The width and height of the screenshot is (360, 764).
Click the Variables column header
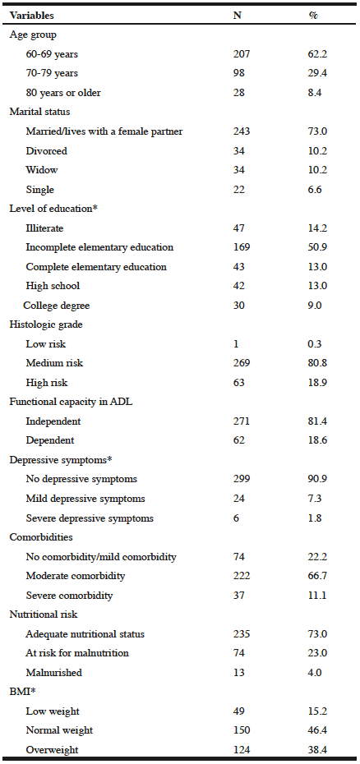click(31, 15)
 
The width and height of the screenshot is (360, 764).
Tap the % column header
click(313, 15)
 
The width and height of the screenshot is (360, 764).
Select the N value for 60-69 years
click(242, 54)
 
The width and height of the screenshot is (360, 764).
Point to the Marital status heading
click(39, 112)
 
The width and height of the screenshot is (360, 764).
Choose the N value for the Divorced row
click(238, 151)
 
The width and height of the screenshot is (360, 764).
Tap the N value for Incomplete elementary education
click(242, 247)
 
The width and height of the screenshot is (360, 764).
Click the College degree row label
click(56, 306)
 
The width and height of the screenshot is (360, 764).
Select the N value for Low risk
click(236, 344)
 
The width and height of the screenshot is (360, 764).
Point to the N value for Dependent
click(238, 440)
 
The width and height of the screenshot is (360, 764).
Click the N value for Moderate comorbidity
click(242, 576)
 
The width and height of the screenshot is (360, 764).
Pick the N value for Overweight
click(242, 750)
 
